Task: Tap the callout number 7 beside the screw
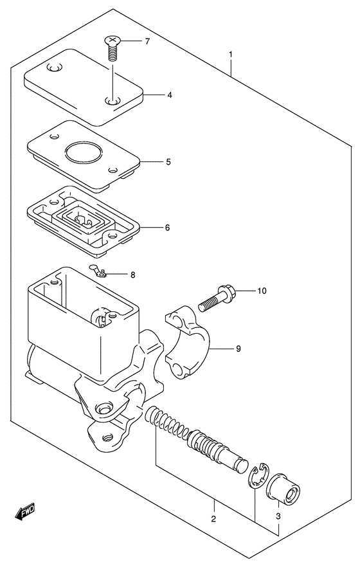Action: click(147, 42)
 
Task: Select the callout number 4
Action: click(170, 95)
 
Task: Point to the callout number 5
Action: click(168, 162)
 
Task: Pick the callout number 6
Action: click(167, 228)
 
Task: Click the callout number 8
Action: click(133, 275)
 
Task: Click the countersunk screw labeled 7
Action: click(113, 47)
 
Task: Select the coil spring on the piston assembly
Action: click(166, 424)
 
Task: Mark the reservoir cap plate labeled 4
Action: click(84, 87)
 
